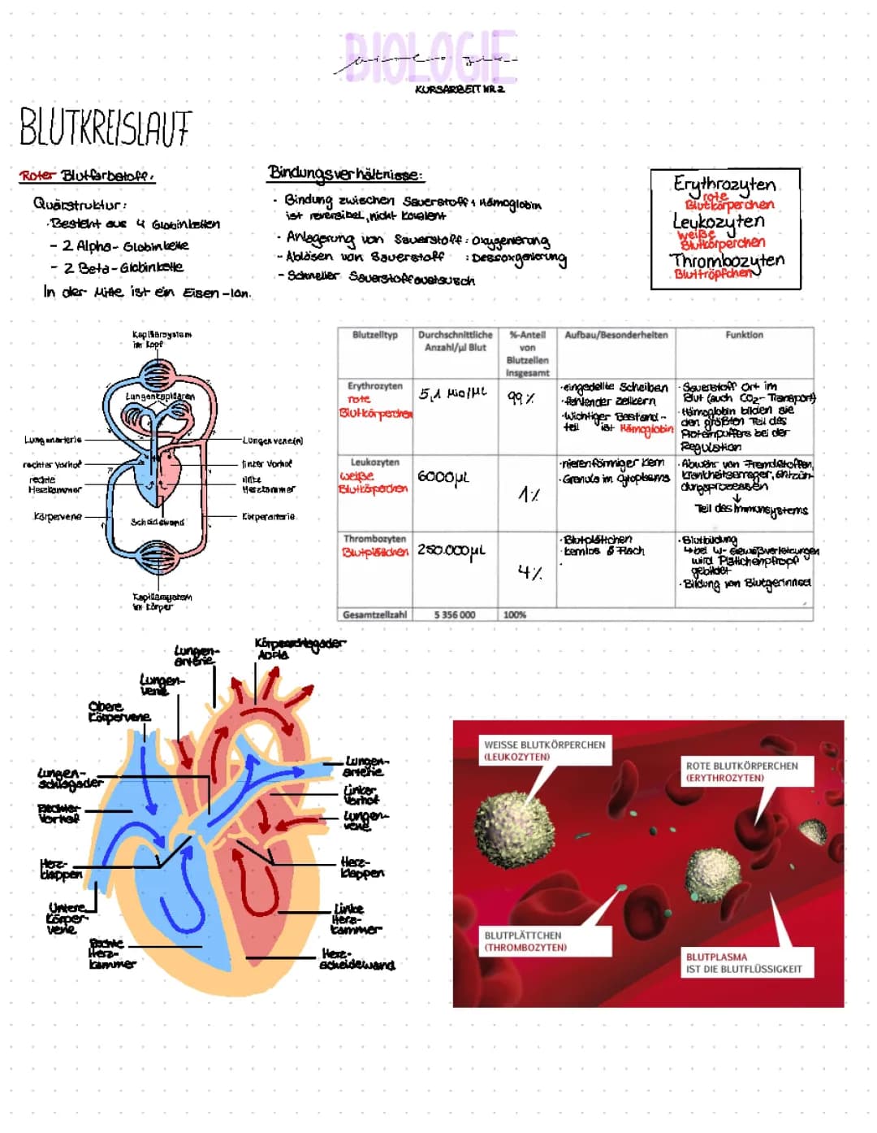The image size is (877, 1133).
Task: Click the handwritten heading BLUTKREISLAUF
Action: point(105,128)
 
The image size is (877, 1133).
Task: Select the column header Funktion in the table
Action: point(744,335)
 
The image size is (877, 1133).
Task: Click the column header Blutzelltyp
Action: point(375,335)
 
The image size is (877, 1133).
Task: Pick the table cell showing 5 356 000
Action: point(455,614)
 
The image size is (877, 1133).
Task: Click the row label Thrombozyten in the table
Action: point(374,539)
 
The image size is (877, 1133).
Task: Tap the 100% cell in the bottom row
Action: point(515,614)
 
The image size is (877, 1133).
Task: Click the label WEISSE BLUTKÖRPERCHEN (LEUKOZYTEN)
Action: point(544,750)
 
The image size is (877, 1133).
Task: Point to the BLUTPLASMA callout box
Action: point(743,963)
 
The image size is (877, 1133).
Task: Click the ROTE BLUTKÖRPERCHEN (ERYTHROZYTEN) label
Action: point(741,771)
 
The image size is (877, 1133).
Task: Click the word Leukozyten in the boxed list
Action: point(718,221)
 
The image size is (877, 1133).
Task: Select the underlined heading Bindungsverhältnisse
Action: point(344,173)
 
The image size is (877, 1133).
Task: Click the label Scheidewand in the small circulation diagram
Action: point(158,522)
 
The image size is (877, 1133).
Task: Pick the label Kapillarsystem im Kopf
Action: point(162,339)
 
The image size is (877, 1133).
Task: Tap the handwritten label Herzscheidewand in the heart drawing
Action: point(357,959)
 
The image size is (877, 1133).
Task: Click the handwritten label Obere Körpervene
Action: point(119,712)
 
